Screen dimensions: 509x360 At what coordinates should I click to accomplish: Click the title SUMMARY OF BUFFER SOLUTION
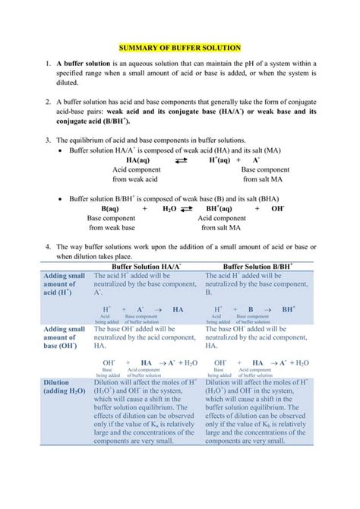click(180, 47)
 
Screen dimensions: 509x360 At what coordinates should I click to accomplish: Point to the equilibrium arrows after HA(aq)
click(182, 162)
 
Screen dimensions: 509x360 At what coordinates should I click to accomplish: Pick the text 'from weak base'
click(112, 227)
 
